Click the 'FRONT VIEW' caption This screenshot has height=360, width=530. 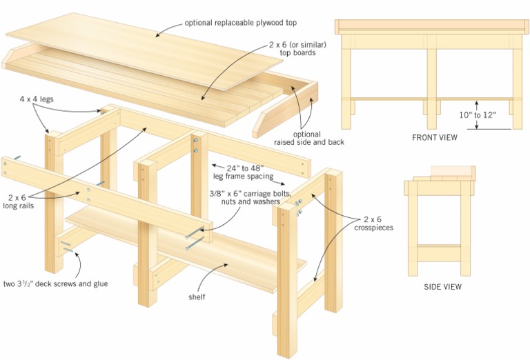(435, 137)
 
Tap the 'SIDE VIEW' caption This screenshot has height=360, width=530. (442, 286)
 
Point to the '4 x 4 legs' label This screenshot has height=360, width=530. (37, 99)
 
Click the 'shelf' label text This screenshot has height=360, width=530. (197, 298)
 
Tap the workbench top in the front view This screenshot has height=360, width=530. (433, 27)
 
